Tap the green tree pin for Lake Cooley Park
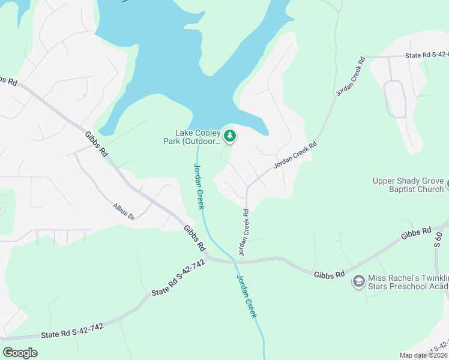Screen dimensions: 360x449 tap(229, 137)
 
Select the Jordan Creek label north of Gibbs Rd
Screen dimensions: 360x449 tap(199, 186)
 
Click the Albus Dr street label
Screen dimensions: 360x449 tap(124, 211)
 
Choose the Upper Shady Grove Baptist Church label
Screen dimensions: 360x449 tap(408, 185)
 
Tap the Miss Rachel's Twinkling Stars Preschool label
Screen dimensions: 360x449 tap(409, 282)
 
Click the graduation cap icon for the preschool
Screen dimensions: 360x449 tap(358, 282)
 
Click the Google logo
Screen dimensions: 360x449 tap(20, 352)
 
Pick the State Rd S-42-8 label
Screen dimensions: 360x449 tap(427, 56)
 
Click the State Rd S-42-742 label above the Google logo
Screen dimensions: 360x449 tap(72, 330)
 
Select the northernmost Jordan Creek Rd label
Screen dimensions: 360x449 tap(351, 77)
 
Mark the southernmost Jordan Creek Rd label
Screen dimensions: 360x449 tap(244, 232)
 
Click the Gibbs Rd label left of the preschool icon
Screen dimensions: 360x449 tap(329, 274)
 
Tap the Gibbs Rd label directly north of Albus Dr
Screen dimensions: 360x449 tap(96, 145)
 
